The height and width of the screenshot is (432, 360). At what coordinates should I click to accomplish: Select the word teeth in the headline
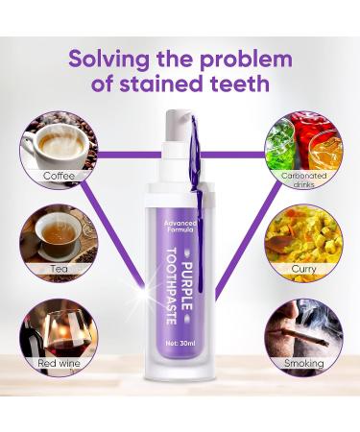coord(239,84)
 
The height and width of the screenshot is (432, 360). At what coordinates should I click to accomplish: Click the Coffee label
coord(59,176)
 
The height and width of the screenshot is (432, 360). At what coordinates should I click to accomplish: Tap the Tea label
coord(60,269)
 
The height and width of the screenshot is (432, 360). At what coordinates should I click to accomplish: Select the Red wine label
coord(59,363)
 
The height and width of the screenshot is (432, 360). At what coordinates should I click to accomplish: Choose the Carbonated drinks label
coord(303,180)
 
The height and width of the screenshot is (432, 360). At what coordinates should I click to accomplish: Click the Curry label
coord(303,269)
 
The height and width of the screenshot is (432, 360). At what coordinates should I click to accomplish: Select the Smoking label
coord(304,363)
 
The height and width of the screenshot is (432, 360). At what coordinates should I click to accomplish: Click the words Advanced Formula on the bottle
coord(180,227)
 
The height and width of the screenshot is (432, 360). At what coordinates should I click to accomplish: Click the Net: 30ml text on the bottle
coord(180,344)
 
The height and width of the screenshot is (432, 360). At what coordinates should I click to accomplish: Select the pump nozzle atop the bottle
coord(179,122)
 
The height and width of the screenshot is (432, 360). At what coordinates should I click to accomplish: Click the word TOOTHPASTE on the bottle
coord(172,286)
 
